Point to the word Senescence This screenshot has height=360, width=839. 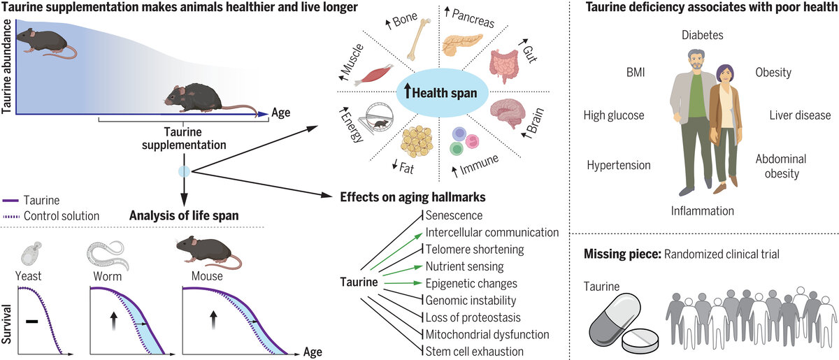point(454,216)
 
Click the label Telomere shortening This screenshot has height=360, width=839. point(475,249)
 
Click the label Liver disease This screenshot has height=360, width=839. point(800,115)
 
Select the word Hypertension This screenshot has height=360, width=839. point(618,165)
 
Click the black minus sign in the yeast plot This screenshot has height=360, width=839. point(31,321)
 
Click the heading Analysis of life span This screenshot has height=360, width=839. point(183,215)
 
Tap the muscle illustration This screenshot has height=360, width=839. point(371,73)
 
